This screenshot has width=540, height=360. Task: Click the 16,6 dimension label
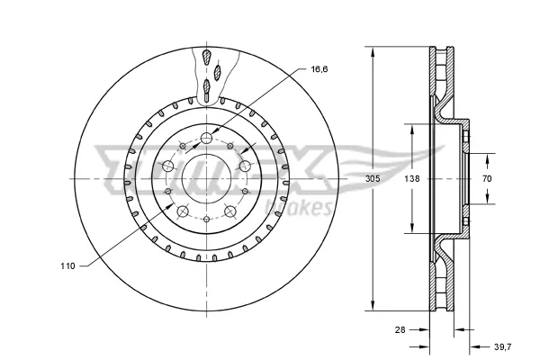pos(319,69)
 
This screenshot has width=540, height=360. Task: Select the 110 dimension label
pos(67,266)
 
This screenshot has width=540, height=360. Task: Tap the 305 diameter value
pos(373,179)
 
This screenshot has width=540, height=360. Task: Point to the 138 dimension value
pos(412,179)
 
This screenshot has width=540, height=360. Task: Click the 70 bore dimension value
pos(487,179)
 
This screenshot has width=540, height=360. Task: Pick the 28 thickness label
pos(400,329)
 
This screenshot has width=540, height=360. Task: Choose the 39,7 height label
pos(503,346)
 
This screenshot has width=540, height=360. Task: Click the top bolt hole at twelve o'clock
pos(207,138)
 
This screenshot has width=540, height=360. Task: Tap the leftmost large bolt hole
pos(168,166)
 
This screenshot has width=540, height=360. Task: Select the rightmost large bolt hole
pos(245,166)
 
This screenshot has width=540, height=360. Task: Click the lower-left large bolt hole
pos(183,211)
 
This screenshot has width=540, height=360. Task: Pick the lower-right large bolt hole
pos(230,211)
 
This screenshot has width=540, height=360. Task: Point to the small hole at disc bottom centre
pos(207,219)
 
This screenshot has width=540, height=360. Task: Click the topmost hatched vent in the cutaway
pos(207,57)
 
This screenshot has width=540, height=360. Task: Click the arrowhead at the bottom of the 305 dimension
pos(373,304)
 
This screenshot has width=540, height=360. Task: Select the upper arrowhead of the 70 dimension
pos(487,159)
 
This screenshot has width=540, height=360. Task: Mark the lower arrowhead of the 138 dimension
pos(412,227)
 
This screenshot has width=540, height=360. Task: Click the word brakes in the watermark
pos(298,208)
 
